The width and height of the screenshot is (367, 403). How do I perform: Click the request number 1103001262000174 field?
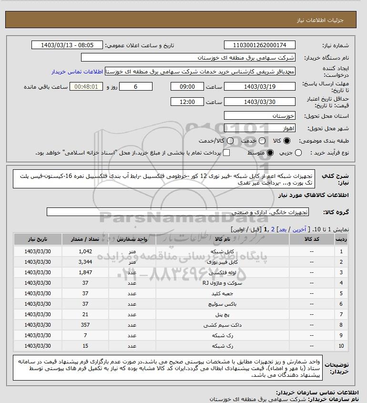tap(259, 45)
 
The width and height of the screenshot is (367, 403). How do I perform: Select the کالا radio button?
tap(286, 141)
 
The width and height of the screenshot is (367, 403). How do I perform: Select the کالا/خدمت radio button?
tap(230, 141)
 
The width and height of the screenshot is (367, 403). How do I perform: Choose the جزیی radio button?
tap(299, 153)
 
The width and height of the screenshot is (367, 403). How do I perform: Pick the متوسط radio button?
tap(270, 153)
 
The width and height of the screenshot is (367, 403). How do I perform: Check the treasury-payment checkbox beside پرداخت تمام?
tap(226, 153)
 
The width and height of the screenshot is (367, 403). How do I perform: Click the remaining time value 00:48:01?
tap(86, 87)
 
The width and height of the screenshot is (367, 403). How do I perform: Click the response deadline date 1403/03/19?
tap(259, 87)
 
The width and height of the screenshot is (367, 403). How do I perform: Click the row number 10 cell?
tap(341, 346)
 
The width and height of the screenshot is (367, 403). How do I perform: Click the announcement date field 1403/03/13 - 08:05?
tap(67, 45)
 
